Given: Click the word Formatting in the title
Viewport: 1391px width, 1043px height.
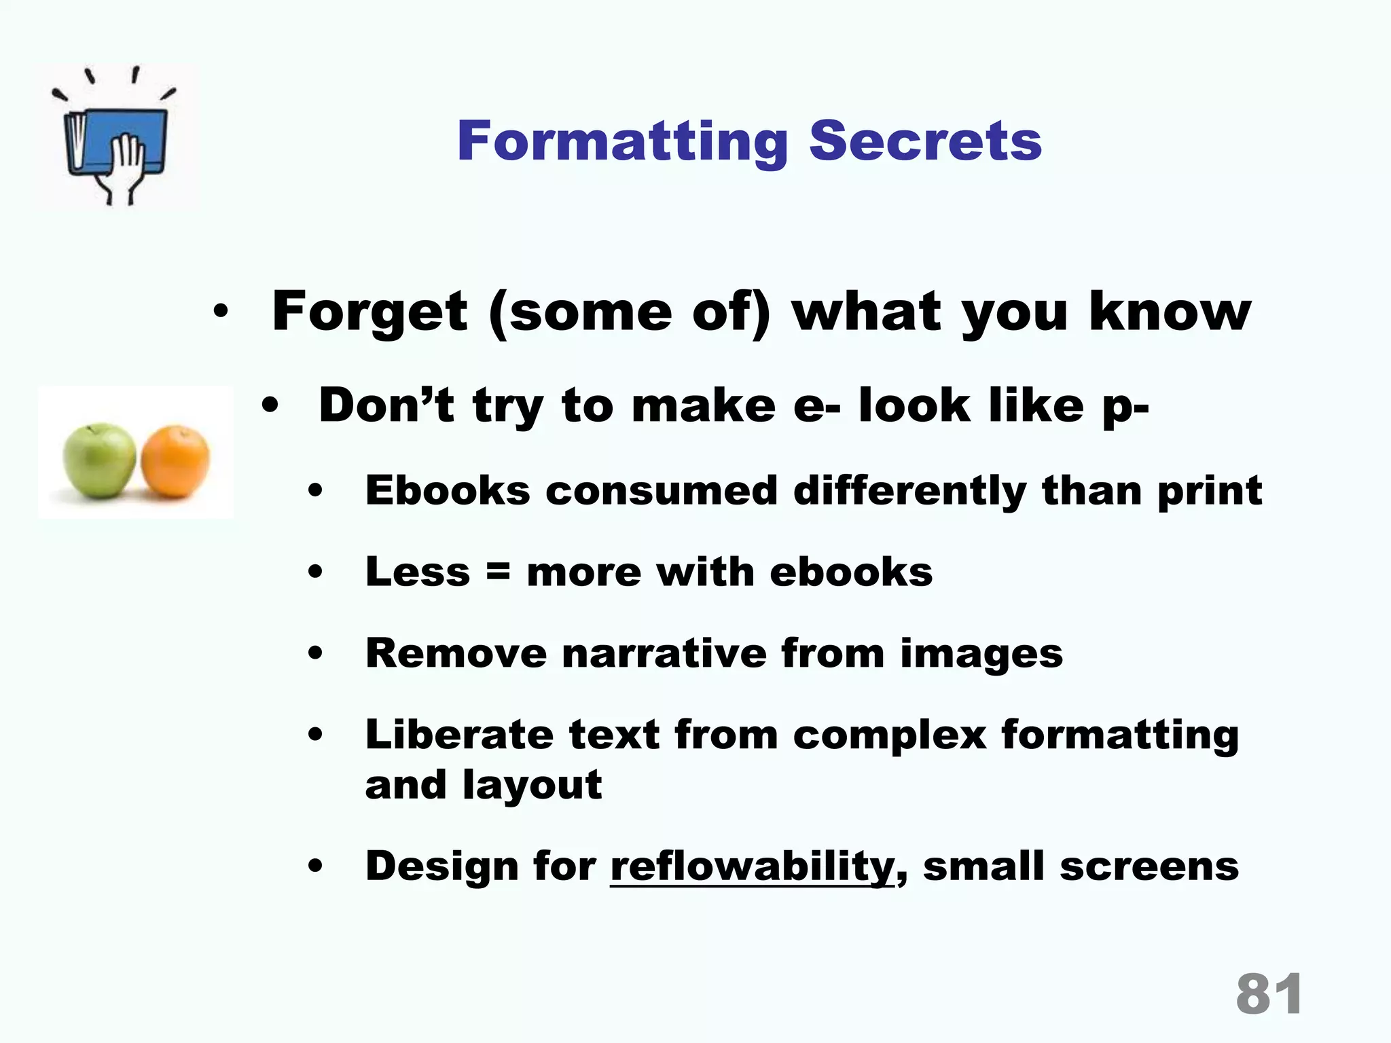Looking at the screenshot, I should [x=621, y=141].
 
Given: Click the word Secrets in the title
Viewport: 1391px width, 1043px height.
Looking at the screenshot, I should [x=925, y=141].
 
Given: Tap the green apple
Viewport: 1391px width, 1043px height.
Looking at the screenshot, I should [x=99, y=460].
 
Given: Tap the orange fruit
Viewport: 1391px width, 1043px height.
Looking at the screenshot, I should [x=176, y=461].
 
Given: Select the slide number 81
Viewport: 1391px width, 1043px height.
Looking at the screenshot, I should [x=1269, y=994].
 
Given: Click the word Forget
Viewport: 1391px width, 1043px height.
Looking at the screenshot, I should [x=369, y=312].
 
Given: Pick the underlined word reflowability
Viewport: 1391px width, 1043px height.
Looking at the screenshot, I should [x=753, y=866].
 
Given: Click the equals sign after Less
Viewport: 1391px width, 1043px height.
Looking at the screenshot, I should [x=498, y=572].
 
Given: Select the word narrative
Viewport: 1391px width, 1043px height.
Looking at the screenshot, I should [x=664, y=653].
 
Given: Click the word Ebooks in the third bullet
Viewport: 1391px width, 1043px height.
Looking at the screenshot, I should [x=447, y=490].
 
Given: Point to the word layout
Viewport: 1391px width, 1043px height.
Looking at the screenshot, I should [x=532, y=785].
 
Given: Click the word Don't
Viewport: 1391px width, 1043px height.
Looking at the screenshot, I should [x=386, y=405].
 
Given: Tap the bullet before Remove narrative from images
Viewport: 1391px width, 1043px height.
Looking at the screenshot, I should [x=314, y=654].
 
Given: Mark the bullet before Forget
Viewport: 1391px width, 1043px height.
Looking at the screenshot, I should [x=220, y=312].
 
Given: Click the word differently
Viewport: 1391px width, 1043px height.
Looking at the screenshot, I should [x=909, y=490].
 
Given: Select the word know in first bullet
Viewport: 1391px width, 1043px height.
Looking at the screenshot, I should [x=1170, y=312].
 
